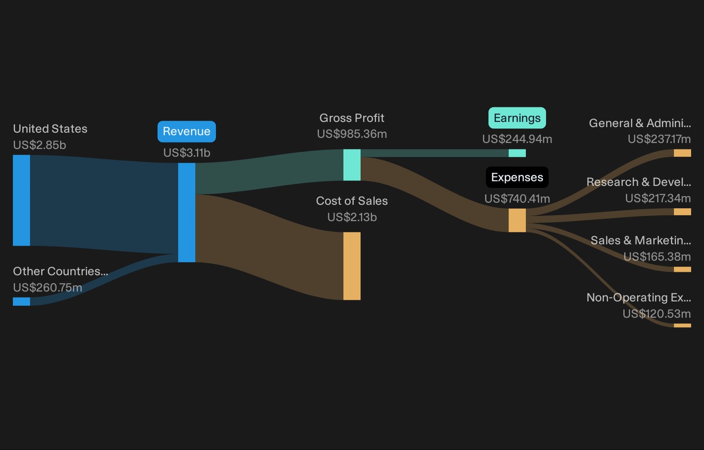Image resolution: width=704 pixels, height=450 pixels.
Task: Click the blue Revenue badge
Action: [x=187, y=132]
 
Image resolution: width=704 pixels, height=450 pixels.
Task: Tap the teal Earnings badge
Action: [x=517, y=118]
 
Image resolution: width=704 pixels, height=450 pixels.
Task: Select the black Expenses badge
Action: [x=517, y=178]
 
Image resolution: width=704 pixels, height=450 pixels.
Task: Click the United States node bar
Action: [x=22, y=200]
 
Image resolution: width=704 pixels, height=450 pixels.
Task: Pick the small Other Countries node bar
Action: [x=22, y=301]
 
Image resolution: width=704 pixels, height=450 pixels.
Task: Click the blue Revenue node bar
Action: [x=187, y=212]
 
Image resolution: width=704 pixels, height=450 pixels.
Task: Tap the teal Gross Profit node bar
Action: [x=352, y=165]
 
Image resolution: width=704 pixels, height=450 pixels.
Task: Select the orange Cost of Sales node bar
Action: [x=352, y=266]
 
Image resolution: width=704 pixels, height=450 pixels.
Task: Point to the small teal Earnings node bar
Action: [x=517, y=153]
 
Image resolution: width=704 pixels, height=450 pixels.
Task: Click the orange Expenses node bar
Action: [x=517, y=220]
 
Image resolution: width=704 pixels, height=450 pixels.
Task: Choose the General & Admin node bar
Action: [x=682, y=153]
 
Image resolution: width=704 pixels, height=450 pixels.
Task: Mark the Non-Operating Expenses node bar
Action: [x=682, y=325]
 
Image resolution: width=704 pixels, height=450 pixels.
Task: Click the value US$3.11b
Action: [x=187, y=153]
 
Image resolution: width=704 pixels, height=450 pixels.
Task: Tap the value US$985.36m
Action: [x=352, y=134]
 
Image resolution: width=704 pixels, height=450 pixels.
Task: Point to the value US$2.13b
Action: [x=352, y=217]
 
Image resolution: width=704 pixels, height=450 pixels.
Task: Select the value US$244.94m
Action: [x=517, y=139]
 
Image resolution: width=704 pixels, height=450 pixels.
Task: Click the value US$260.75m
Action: [x=47, y=288]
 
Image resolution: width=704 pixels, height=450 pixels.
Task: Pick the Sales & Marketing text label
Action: [x=640, y=240]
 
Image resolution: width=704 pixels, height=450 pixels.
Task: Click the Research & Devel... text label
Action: [x=638, y=182]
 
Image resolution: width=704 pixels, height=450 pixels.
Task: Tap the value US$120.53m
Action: [x=657, y=314]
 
